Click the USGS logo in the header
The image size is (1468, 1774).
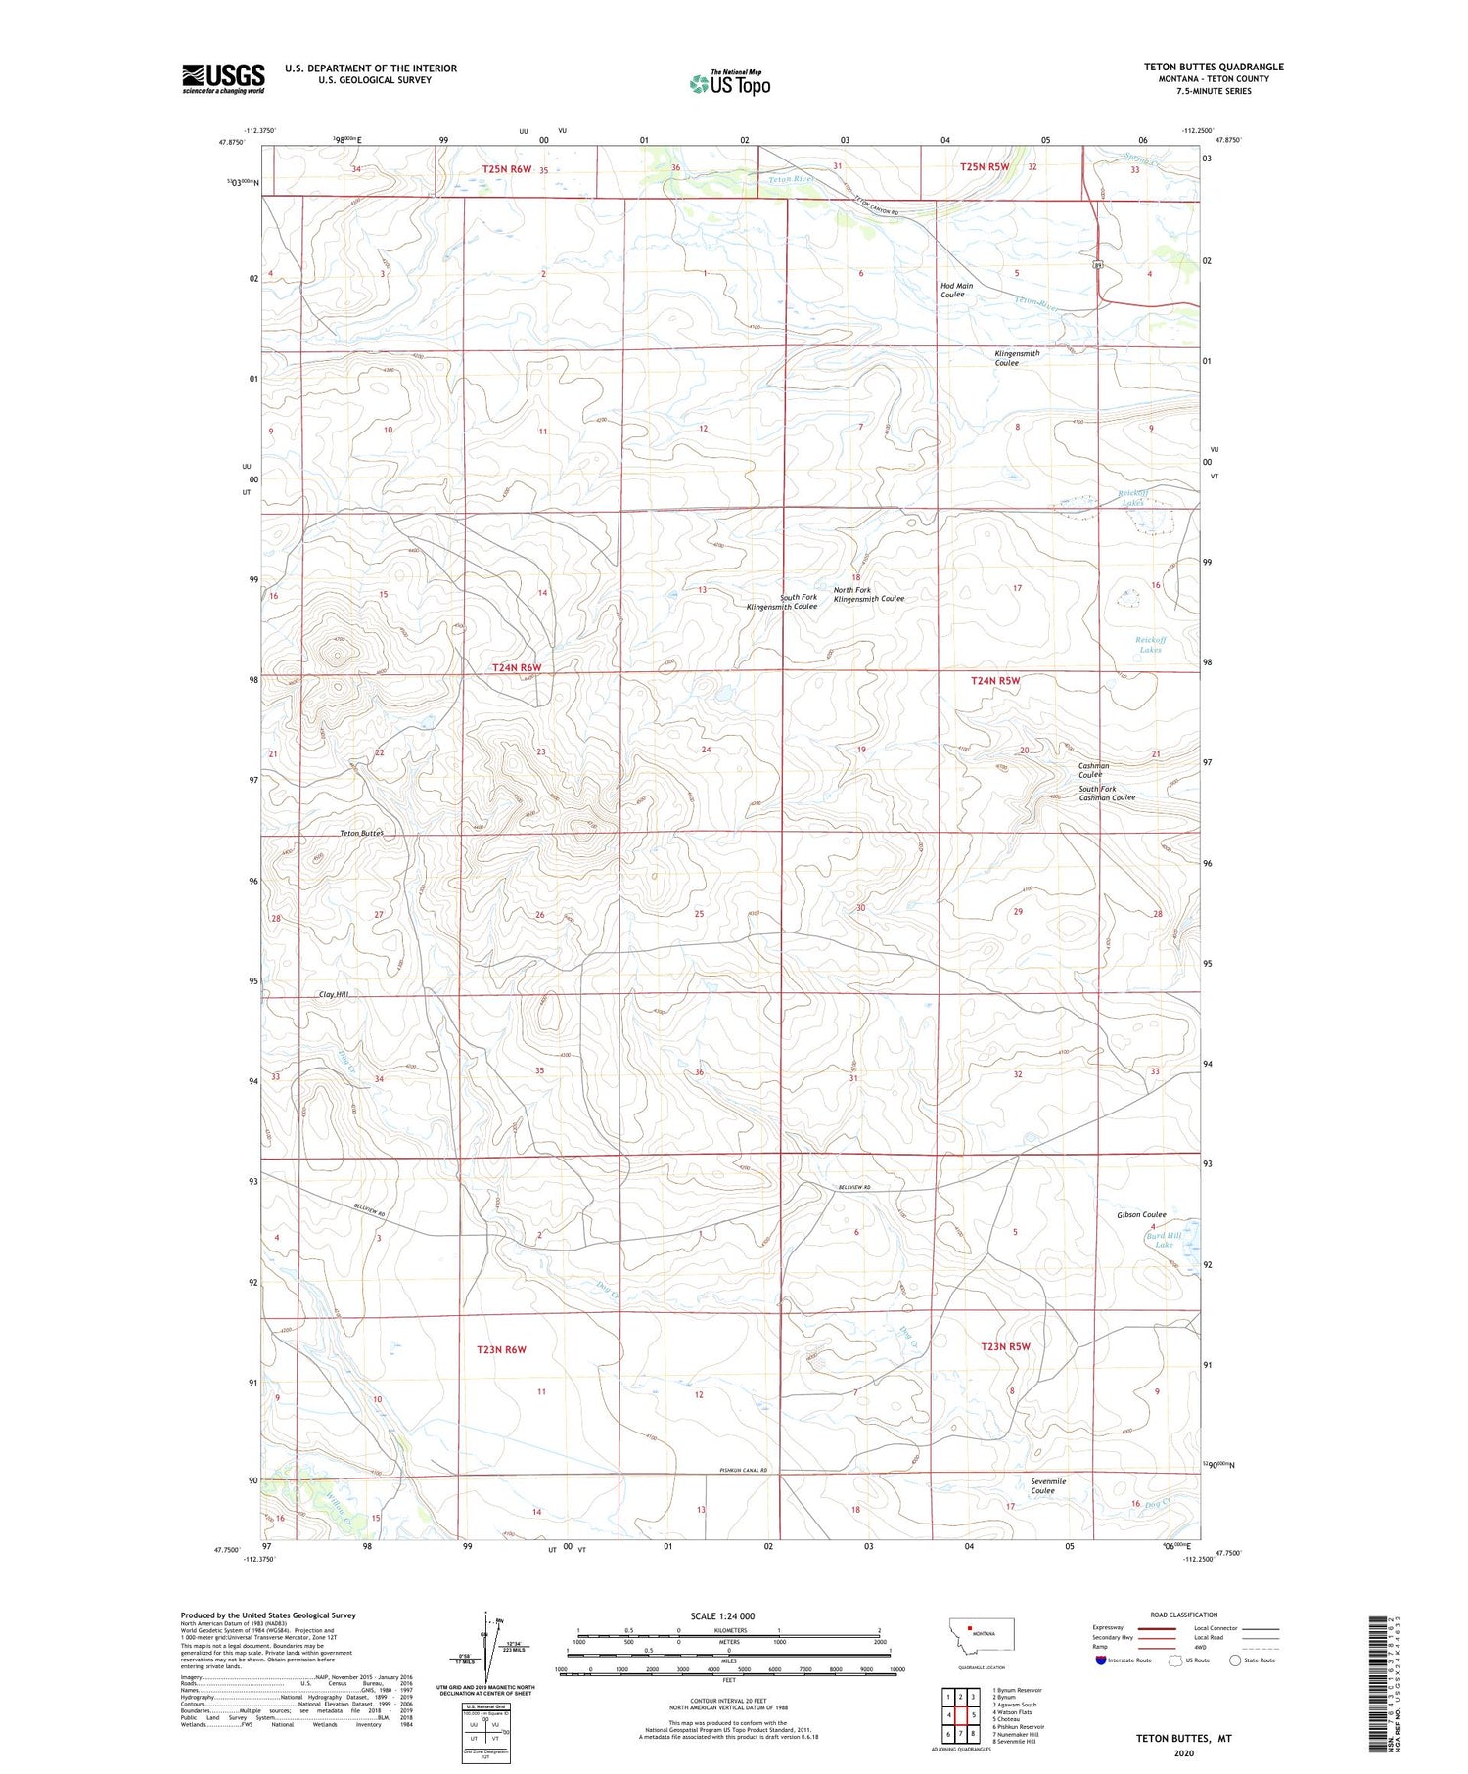223,78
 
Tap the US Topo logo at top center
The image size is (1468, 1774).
729,83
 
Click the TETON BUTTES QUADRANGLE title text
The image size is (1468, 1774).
1214,67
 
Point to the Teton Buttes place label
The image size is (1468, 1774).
361,833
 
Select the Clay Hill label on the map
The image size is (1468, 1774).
334,994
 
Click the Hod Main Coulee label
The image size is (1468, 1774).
956,290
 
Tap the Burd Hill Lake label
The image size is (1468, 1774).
1164,1240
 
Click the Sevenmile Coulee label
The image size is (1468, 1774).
1048,1486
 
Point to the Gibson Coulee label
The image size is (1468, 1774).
1141,1214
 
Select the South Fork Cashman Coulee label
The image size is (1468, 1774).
1107,793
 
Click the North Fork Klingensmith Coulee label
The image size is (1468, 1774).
868,594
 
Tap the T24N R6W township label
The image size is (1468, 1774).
516,667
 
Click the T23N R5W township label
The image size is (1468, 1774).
1005,1346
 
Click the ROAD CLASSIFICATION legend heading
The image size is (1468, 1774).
1184,1615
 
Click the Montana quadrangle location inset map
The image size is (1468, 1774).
982,1635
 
